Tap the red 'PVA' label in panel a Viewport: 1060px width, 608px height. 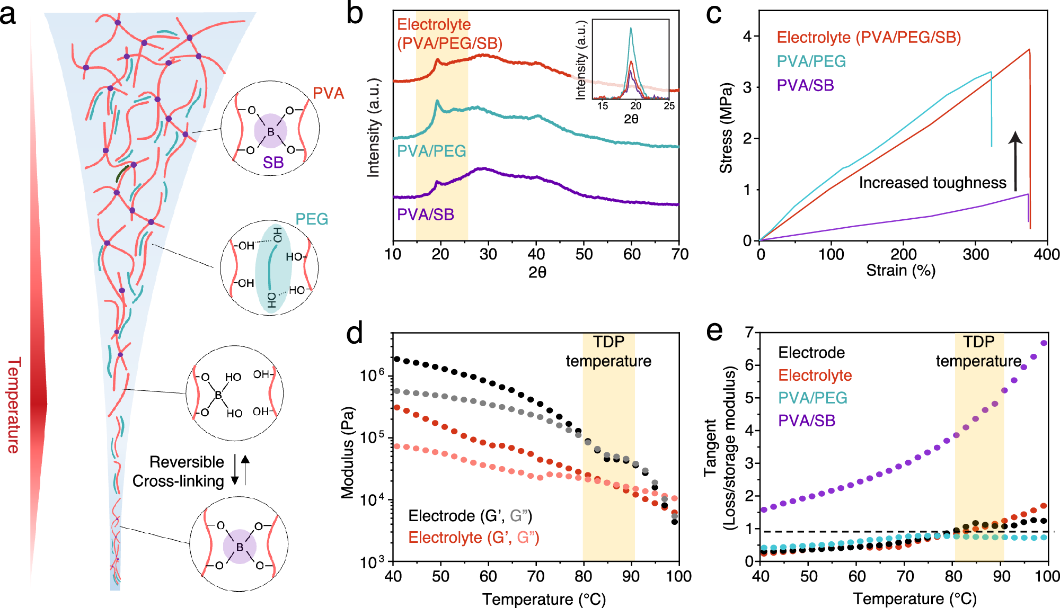(x=328, y=93)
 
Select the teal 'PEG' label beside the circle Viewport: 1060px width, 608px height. (x=312, y=219)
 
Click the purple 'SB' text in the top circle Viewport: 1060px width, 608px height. (x=273, y=163)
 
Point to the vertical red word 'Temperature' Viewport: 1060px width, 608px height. (x=14, y=405)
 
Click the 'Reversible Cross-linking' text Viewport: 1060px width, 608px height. (x=179, y=471)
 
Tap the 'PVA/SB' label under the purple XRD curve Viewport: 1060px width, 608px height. (x=426, y=214)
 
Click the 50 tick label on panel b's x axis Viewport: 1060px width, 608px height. (x=584, y=255)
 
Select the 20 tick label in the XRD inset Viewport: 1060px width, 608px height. (x=635, y=106)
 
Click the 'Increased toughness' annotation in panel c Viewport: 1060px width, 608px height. (x=932, y=183)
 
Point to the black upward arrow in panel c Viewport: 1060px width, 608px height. (x=1015, y=161)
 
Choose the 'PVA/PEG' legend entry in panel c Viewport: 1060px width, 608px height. (x=811, y=61)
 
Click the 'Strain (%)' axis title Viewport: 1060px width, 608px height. (x=900, y=271)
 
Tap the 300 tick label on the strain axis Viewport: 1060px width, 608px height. (x=976, y=255)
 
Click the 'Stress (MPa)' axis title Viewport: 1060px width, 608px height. (x=726, y=128)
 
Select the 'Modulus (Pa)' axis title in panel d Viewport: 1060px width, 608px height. (x=348, y=453)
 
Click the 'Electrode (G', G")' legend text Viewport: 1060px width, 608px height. (x=470, y=516)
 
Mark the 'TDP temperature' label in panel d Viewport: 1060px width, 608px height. (x=608, y=351)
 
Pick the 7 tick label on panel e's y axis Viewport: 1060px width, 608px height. (x=749, y=333)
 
